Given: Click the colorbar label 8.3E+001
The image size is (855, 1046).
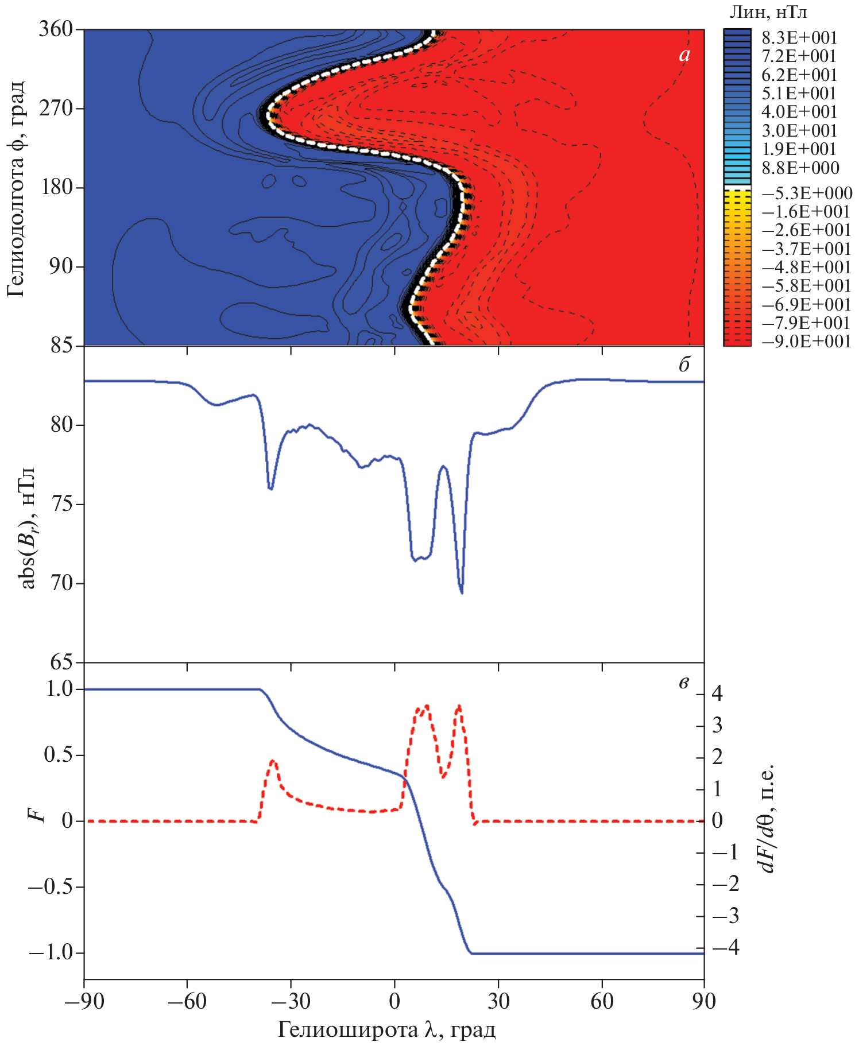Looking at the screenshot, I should [799, 38].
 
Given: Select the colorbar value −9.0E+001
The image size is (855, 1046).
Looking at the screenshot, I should [806, 342].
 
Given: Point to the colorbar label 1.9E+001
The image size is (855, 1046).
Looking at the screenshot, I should [799, 149].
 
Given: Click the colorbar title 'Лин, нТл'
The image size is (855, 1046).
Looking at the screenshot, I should [768, 11].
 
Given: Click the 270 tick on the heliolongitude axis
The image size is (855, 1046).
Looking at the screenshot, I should [58, 109].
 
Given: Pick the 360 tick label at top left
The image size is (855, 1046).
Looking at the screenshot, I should [58, 29].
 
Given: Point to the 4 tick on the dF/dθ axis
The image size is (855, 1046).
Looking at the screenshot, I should [717, 694].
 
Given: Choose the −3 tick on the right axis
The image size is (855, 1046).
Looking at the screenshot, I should [725, 916].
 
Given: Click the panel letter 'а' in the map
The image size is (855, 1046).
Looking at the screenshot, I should [684, 55].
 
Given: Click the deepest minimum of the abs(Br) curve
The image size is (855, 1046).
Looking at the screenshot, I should [462, 592].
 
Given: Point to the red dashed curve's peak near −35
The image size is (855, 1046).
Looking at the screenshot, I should [273, 761].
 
